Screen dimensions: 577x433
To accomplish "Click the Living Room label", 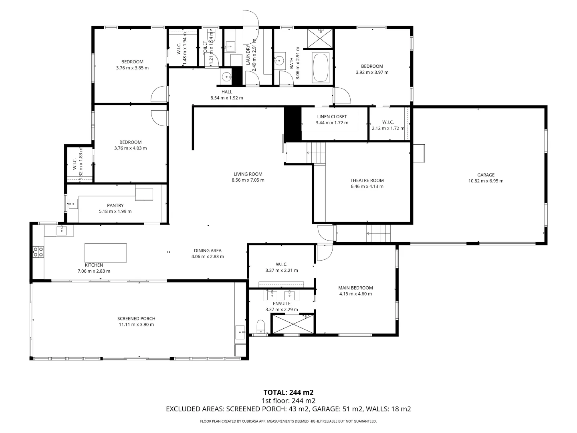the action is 248,174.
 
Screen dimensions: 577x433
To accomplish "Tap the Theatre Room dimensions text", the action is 367,186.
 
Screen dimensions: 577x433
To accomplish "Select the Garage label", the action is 486,175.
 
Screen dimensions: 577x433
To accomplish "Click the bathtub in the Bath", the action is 321,68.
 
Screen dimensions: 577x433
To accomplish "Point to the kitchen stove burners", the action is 38,252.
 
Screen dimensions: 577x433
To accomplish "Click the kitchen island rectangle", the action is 106,253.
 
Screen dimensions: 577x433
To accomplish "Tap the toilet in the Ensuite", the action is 260,327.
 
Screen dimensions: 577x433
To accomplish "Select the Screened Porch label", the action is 136,319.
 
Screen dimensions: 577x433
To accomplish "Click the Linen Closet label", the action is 332,117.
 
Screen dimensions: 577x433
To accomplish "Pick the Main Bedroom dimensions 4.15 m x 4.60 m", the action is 355,294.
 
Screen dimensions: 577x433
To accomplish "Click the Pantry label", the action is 115,205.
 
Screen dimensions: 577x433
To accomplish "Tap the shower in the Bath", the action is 320,38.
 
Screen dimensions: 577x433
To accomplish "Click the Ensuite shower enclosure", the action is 293,324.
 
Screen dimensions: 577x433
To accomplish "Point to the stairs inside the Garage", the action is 379,233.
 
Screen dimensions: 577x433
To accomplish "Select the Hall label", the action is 227,92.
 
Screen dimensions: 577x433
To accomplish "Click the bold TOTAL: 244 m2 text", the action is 288,393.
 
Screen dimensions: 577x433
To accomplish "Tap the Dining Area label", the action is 208,251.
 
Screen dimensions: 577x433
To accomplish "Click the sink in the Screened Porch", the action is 240,332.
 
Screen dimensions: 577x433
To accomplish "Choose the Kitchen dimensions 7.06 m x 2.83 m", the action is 94,271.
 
